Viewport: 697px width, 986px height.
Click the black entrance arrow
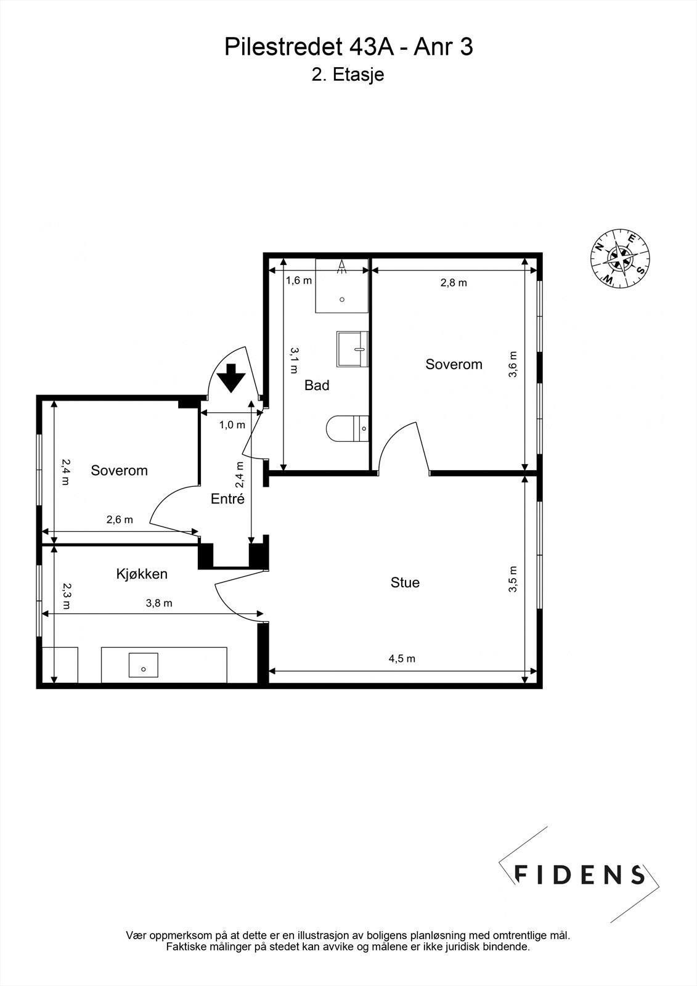click(x=230, y=378)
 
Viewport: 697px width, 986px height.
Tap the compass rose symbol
click(x=620, y=259)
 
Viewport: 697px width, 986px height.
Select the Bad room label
click(x=317, y=385)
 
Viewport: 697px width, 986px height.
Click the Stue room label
click(x=405, y=582)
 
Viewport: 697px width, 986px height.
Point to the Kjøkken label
click(x=142, y=574)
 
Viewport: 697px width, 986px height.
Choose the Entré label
click(x=227, y=499)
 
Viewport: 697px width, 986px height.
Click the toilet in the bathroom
click(x=347, y=428)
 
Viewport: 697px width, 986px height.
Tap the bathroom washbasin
click(x=353, y=349)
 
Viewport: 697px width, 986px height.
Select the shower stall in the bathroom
click(x=341, y=286)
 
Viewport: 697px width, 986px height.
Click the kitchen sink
click(x=143, y=665)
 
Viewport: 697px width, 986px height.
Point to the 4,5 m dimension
click(x=402, y=659)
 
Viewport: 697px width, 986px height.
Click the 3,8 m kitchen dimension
click(x=159, y=603)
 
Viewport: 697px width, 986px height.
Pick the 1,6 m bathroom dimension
click(x=298, y=280)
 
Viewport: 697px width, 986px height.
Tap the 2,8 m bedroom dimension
click(x=454, y=283)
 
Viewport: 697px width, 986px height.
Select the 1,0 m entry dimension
click(x=232, y=425)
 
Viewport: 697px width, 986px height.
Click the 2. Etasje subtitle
click(x=348, y=75)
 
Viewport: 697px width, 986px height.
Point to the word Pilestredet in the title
click(x=283, y=47)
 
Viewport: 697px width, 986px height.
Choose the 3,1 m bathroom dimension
click(x=294, y=360)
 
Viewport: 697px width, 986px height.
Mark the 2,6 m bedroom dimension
click(x=120, y=519)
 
